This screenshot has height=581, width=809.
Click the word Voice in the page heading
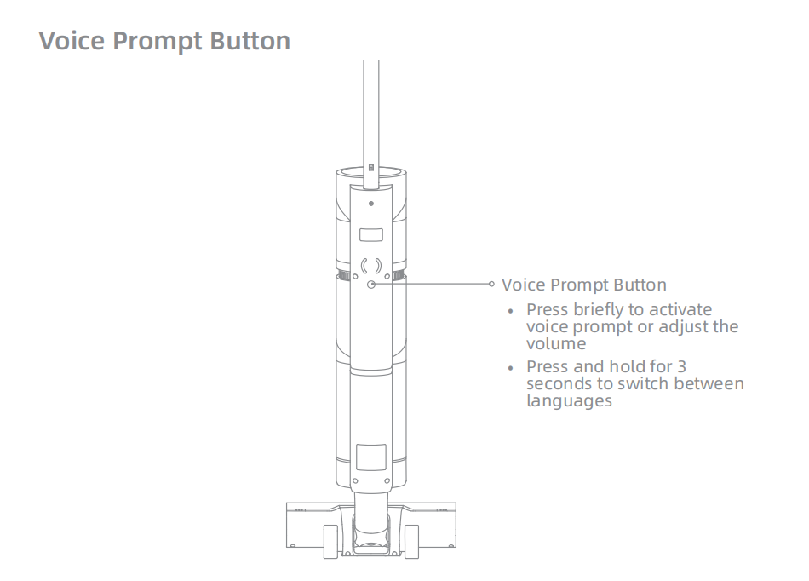(72, 40)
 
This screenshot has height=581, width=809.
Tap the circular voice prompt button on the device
(371, 285)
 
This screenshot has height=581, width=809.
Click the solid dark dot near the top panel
(371, 204)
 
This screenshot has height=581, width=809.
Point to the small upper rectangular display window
(371, 235)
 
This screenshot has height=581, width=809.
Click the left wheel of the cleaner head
(330, 542)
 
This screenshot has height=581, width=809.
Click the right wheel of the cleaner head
(411, 542)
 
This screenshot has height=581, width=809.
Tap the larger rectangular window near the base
(371, 457)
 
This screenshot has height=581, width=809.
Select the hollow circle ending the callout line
(491, 284)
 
